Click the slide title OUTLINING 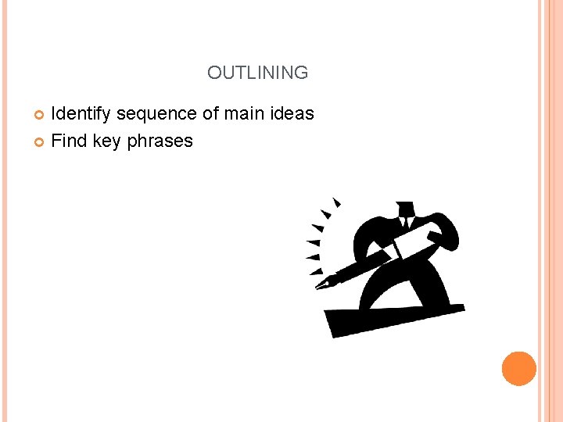click(257, 73)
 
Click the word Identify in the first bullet click(81, 114)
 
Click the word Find click(68, 141)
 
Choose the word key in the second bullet click(106, 141)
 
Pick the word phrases click(159, 141)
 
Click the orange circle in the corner click(518, 368)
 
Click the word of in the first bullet click(210, 114)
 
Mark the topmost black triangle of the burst click(336, 202)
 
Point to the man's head click(404, 209)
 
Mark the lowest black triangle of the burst click(315, 272)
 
